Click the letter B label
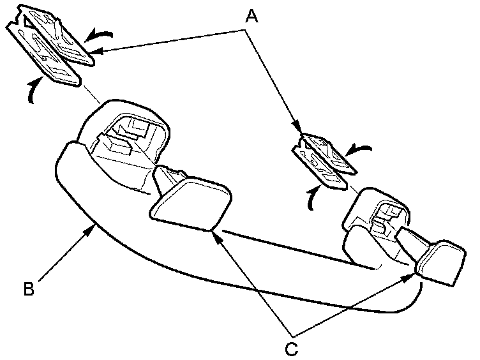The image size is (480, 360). [29, 289]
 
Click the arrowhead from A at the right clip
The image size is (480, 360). [297, 130]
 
